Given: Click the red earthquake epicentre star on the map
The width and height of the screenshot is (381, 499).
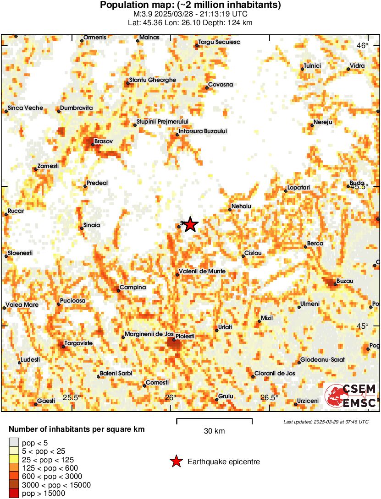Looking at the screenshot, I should coord(191,224).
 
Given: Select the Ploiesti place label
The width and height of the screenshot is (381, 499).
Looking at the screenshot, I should coord(186,336).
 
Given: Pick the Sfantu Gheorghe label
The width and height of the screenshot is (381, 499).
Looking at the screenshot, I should coord(153,80).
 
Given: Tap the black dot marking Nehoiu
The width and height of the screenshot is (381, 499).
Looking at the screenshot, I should coord(230,210).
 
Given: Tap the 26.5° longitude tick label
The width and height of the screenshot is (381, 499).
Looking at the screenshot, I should coord(270,397).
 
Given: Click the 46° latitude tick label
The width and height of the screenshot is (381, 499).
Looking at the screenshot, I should coord(363,45).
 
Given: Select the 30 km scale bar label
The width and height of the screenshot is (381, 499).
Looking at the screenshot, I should coord(214,431).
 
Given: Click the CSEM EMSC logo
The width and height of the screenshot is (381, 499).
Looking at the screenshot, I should coord(351,396).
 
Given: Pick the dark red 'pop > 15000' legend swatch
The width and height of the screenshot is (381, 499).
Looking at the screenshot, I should coord(14,494).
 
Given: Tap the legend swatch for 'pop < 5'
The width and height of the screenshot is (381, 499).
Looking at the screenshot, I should coord(14,442).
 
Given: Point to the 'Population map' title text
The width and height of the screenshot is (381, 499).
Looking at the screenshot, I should coord(190,5).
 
